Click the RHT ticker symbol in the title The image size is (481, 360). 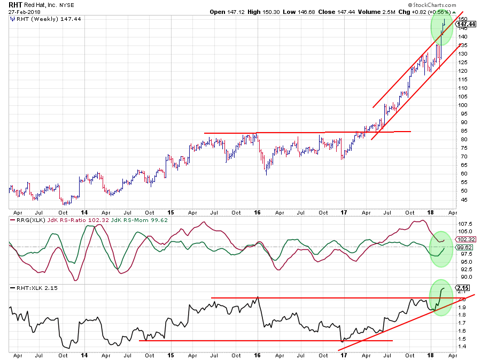point(16,4)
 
